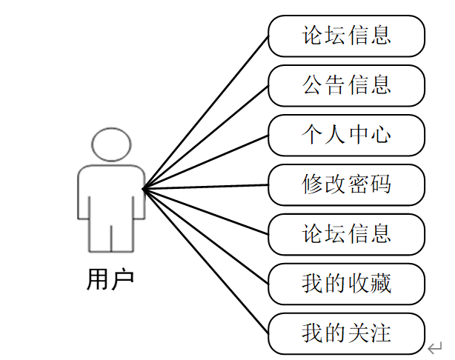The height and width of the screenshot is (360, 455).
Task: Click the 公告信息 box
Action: tap(346, 85)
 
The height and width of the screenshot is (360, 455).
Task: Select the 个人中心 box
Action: tap(346, 135)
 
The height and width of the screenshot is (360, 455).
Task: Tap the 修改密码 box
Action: tap(346, 184)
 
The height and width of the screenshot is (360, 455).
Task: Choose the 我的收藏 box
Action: tap(346, 284)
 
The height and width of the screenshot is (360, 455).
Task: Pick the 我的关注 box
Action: tap(346, 333)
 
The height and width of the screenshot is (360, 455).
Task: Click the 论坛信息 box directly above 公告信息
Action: tap(346, 36)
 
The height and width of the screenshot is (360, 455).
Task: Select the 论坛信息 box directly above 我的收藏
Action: tap(346, 234)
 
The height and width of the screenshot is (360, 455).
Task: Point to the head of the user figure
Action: tap(111, 145)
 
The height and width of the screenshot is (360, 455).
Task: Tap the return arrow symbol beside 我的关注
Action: tap(435, 347)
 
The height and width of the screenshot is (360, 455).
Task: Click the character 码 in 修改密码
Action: tap(380, 184)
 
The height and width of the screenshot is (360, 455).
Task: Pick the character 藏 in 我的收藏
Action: tap(380, 284)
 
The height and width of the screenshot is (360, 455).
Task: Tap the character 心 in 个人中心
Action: tap(380, 135)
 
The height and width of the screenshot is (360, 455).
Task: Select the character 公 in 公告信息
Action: tap(313, 85)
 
